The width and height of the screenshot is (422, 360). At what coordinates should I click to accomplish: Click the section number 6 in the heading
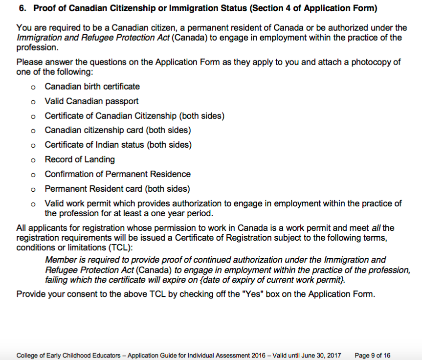(x=21, y=9)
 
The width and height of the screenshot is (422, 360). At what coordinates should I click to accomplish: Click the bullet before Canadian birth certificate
(x=32, y=87)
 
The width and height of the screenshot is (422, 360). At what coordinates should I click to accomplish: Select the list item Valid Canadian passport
(x=91, y=101)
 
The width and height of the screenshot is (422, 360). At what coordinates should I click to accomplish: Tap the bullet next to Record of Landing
(x=32, y=160)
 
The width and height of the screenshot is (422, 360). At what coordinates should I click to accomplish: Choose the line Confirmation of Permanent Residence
(x=117, y=174)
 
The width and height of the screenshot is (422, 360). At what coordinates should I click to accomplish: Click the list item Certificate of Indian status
(x=118, y=145)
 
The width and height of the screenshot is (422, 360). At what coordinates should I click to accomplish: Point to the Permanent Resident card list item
(x=117, y=189)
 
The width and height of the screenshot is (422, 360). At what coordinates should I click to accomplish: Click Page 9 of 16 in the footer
(x=373, y=355)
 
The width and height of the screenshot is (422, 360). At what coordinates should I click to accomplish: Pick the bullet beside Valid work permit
(x=32, y=204)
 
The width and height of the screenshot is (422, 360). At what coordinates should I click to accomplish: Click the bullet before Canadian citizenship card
(x=32, y=131)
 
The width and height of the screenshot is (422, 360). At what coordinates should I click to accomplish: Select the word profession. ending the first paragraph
(x=37, y=48)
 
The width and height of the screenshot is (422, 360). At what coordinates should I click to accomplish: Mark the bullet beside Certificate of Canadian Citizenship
(x=32, y=116)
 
